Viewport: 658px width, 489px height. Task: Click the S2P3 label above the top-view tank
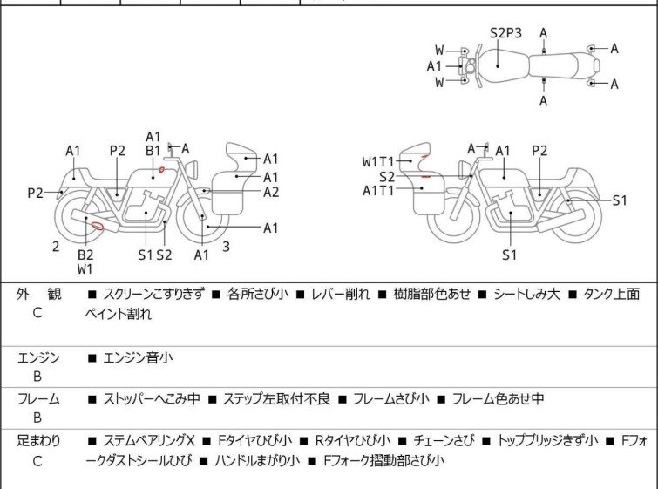tap(505, 33)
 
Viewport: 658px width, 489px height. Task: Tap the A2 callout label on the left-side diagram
tap(271, 192)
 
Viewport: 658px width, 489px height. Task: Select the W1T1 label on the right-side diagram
tap(378, 161)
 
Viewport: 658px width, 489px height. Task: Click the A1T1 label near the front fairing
tap(378, 191)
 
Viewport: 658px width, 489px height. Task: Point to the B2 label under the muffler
tap(85, 255)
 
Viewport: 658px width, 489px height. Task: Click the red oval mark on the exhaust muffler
tap(98, 226)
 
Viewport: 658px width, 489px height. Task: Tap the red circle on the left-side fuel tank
tap(161, 169)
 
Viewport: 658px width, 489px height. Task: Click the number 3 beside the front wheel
tap(227, 247)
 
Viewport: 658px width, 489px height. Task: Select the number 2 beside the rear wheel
tap(56, 247)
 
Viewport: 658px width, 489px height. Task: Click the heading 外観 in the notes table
tap(38, 294)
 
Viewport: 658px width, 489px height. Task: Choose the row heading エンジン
tap(38, 358)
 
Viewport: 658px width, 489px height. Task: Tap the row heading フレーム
tap(38, 398)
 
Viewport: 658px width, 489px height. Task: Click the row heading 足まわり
tap(38, 441)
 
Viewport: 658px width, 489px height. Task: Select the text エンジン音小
tap(138, 358)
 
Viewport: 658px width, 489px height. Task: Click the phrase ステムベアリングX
tap(149, 441)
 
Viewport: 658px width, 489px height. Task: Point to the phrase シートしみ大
tap(526, 294)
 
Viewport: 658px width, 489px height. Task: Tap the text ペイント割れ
tap(119, 314)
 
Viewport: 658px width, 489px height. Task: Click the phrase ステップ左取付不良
tap(276, 398)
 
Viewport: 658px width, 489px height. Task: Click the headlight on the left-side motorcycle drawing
tap(192, 170)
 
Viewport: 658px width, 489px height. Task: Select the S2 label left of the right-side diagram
tap(387, 177)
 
